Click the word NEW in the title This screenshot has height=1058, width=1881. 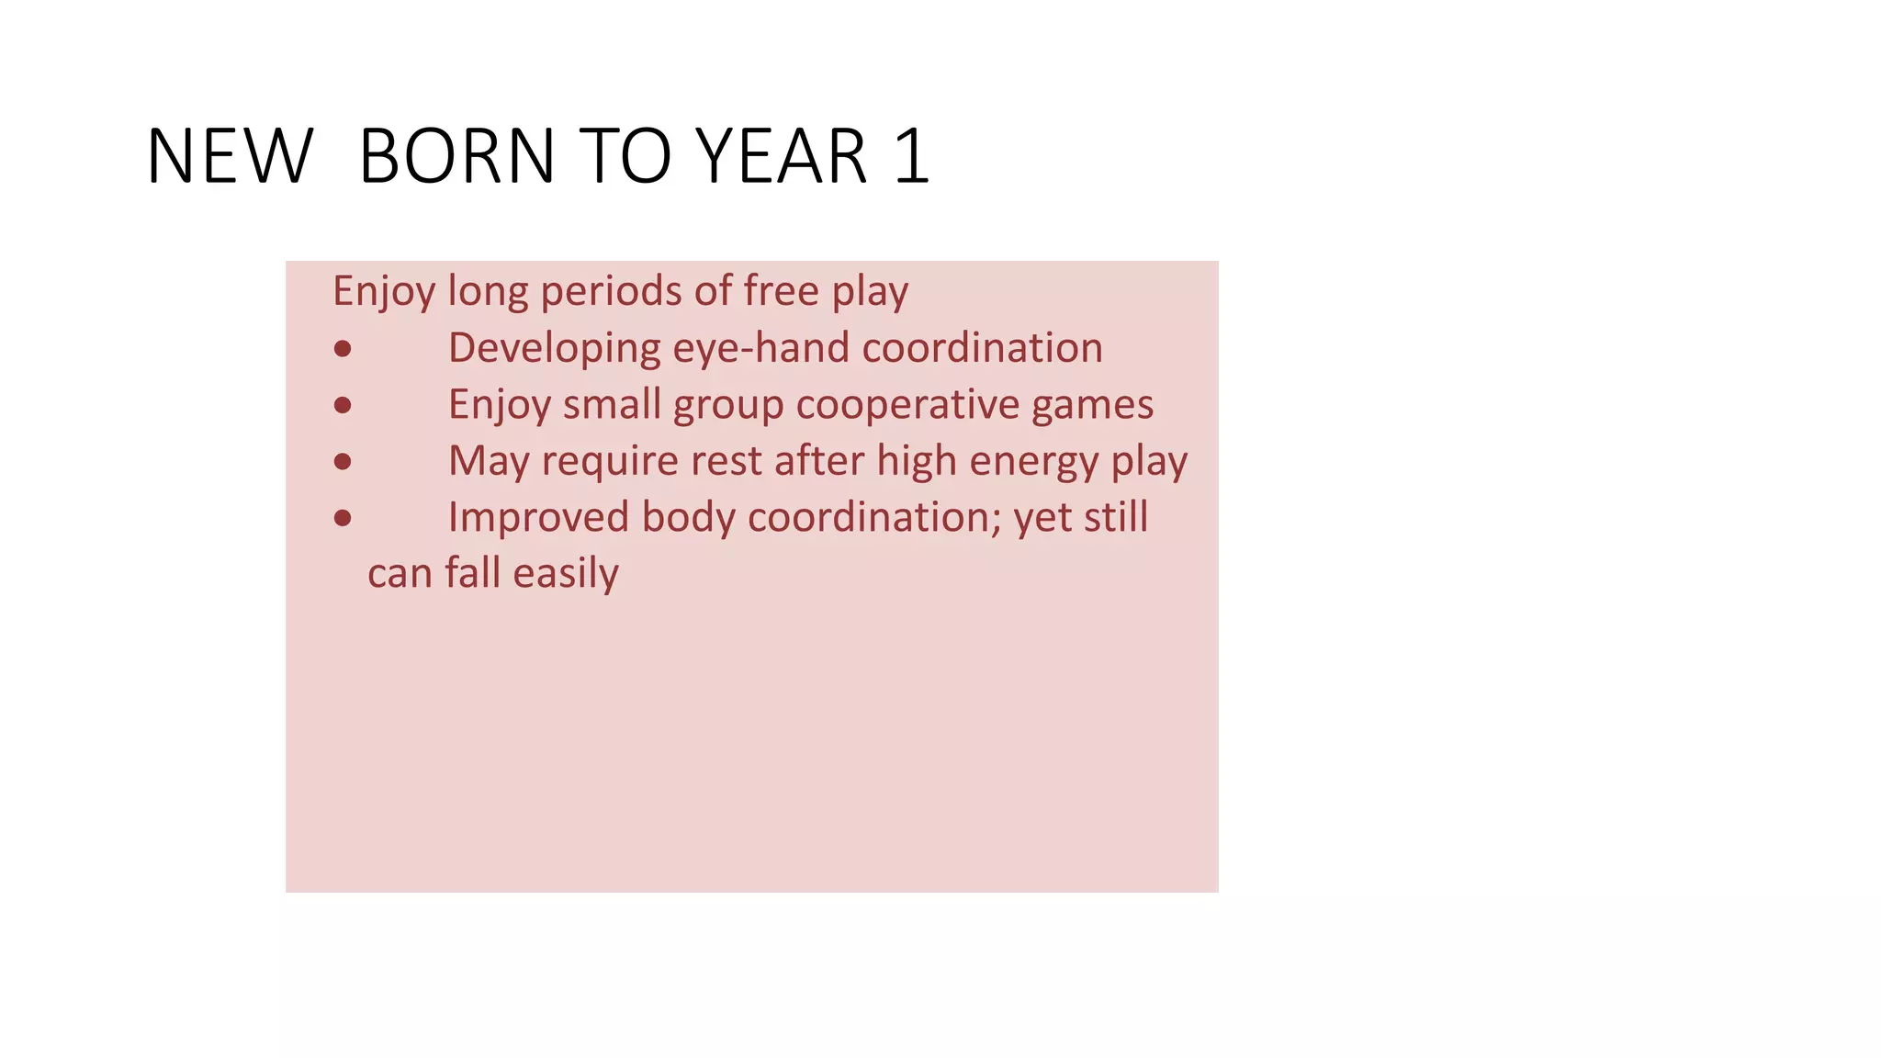pos(230,156)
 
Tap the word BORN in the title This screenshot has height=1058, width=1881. pos(456,156)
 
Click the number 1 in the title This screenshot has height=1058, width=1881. pos(912,156)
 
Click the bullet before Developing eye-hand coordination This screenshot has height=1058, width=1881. pos(343,349)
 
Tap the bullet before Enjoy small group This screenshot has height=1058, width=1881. pos(343,405)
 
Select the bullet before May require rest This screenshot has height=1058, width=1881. pos(343,461)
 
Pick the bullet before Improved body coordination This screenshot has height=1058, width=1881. pos(343,518)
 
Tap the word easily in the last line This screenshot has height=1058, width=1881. pos(566,574)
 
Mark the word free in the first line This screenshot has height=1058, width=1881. pos(781,291)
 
